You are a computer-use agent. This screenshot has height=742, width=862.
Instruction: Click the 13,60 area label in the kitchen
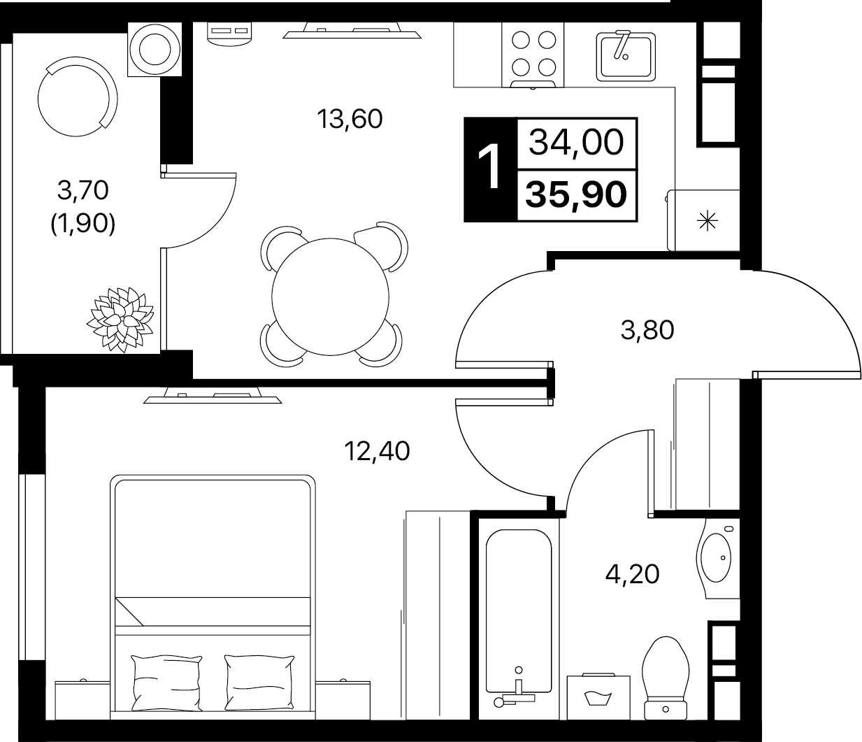point(350,119)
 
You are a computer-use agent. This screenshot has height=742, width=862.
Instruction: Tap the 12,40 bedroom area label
point(377,451)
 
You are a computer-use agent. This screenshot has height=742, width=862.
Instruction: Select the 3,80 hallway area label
point(647,330)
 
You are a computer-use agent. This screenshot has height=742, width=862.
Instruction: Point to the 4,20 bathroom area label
point(632,574)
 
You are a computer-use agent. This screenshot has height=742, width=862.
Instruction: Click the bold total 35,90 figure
point(576,194)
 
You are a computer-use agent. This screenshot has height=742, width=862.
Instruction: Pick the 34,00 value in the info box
point(576,143)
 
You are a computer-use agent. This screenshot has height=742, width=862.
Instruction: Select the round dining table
point(330,297)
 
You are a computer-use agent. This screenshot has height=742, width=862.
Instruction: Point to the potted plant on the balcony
point(120,319)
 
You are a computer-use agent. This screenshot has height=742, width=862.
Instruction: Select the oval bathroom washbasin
point(716,557)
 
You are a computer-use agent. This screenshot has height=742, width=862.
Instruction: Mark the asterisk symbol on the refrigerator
point(707,221)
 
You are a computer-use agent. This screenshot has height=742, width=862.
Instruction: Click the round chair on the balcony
point(78,97)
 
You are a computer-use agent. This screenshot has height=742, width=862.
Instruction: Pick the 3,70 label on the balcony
point(82,191)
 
